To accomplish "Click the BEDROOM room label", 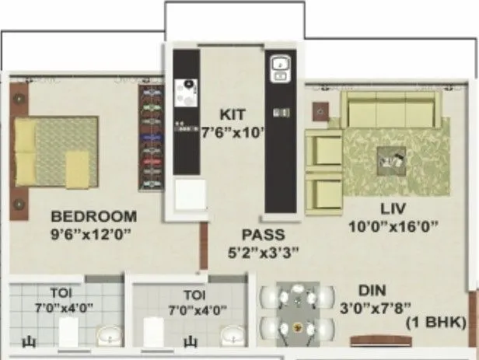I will [x=93, y=216].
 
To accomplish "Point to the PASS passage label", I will [x=262, y=235].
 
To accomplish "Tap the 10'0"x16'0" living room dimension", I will [x=395, y=226].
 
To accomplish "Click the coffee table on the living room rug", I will [x=390, y=163].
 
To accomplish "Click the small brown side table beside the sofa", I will [x=320, y=110].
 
